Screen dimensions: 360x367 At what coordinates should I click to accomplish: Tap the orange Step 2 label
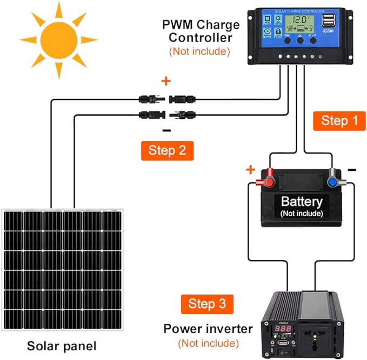(166, 151)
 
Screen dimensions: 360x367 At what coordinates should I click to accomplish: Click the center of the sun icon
(58, 39)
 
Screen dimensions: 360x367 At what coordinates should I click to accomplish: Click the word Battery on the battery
(302, 202)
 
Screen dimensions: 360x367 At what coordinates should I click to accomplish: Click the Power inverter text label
(208, 329)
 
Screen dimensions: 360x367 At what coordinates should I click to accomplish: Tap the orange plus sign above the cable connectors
(166, 82)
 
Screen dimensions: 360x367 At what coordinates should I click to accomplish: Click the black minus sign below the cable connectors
(166, 130)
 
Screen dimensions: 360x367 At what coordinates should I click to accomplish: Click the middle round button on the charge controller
(301, 41)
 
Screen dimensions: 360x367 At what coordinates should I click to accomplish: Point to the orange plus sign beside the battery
(250, 170)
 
